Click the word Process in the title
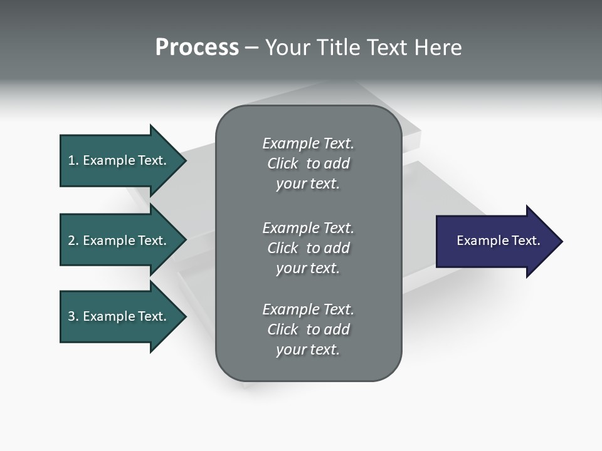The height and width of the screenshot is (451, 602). tap(197, 48)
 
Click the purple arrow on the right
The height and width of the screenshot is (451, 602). tap(495, 241)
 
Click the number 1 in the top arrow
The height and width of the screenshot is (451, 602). tap(71, 160)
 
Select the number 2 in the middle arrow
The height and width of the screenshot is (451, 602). tap(71, 241)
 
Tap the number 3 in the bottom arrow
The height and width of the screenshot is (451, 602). tap(71, 316)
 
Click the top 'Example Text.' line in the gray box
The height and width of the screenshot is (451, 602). tap(308, 143)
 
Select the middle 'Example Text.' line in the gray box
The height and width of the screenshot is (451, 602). tap(308, 228)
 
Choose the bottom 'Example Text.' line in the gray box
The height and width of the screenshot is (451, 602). tap(308, 309)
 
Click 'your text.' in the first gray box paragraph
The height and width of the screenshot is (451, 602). tap(308, 184)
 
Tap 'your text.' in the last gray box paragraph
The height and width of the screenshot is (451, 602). tap(308, 350)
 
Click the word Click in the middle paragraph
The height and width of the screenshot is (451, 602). tap(283, 248)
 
